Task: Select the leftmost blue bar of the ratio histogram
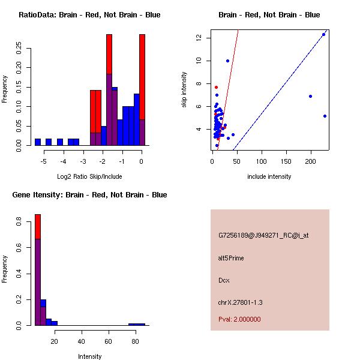[x=38, y=142]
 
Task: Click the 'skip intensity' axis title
[x=184, y=90]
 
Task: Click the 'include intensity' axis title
[x=269, y=176]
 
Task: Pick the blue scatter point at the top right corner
[x=323, y=34]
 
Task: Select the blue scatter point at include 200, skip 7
[x=310, y=96]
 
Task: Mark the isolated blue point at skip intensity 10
[x=227, y=61]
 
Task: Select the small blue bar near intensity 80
[x=137, y=324]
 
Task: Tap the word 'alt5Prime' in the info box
[x=231, y=258]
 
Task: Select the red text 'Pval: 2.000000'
[x=239, y=319]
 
